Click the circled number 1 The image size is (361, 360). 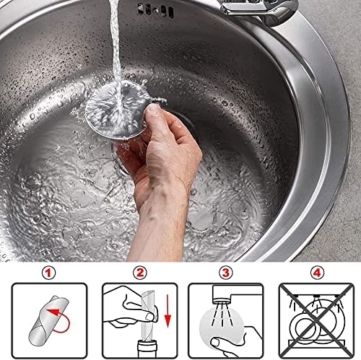49,273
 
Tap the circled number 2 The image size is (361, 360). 140,273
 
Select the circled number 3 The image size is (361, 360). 225,273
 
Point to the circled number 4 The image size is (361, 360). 317,273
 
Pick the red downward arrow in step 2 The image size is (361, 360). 168,311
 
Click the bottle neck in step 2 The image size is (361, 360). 147,349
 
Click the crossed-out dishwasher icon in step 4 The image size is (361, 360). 316,320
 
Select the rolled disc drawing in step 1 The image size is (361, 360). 49,317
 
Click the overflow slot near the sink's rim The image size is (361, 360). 155,10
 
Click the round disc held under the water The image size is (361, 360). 118,110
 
